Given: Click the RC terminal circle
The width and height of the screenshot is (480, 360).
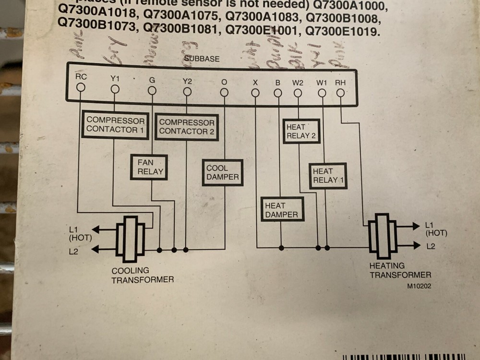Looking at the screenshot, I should point(81,87).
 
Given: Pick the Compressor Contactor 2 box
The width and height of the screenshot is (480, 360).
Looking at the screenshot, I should point(187,127).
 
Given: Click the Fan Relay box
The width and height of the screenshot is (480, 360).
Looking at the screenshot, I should point(149,167).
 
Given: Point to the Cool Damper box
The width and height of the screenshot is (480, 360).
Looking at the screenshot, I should point(222,173).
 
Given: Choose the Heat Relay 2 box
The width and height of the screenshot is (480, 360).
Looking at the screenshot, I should point(301,131).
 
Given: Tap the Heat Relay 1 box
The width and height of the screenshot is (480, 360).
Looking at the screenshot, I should point(328,176).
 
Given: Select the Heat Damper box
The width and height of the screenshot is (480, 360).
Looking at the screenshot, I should point(282,209).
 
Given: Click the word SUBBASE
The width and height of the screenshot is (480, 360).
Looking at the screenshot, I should point(202,59).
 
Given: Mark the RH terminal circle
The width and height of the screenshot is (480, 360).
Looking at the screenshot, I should point(340,93).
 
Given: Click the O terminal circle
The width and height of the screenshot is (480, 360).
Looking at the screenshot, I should point(224,92).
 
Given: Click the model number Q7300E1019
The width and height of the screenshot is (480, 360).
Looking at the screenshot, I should point(342,32).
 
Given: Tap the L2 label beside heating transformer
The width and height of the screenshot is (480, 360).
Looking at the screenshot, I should point(430,246).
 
